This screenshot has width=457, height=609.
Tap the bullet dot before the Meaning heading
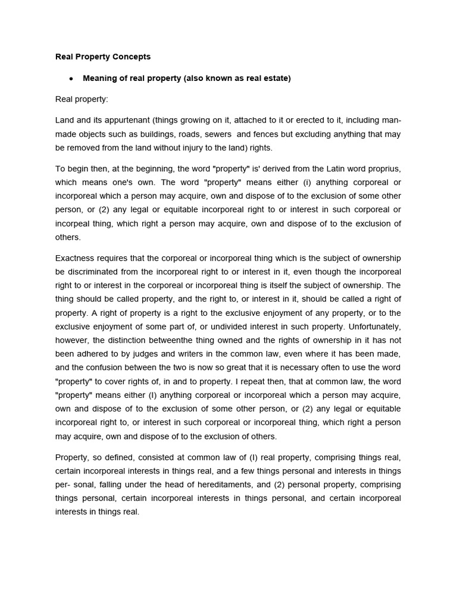click(x=71, y=79)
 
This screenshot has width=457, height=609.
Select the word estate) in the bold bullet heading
click(x=276, y=79)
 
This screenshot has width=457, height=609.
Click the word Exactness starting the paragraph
click(x=77, y=258)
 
